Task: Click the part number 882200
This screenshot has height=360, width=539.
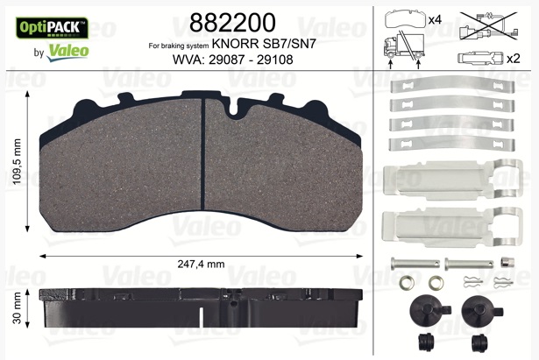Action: [232, 23]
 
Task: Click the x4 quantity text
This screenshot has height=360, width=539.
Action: [436, 18]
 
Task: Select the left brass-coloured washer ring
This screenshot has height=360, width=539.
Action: [406, 284]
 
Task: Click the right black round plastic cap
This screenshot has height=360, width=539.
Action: [477, 310]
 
